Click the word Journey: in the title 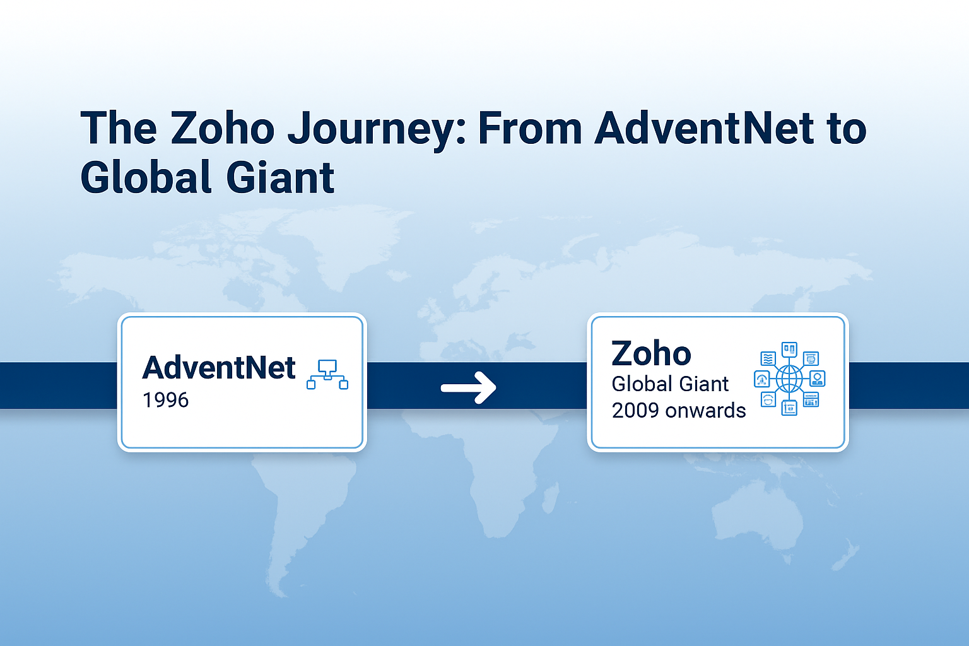(x=377, y=129)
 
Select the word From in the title (x=530, y=127)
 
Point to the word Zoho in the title (x=223, y=127)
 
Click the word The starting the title (x=119, y=127)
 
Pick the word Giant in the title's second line (x=280, y=177)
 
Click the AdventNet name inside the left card (x=219, y=368)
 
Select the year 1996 (x=166, y=400)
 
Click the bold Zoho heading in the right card (x=652, y=353)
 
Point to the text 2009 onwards (x=679, y=411)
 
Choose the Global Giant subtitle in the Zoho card (x=670, y=384)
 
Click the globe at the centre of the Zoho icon (x=789, y=379)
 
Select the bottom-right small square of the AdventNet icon (x=343, y=384)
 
